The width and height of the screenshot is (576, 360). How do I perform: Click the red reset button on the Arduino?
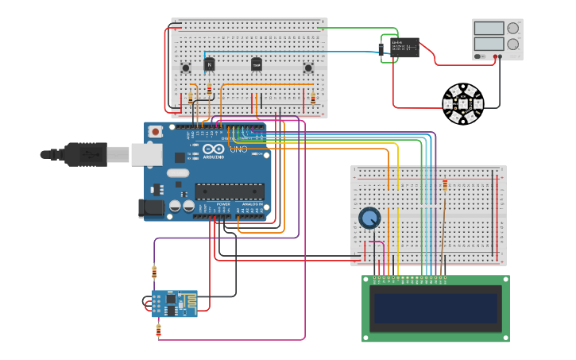coord(156,131)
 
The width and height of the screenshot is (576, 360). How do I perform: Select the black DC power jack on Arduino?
coord(151,207)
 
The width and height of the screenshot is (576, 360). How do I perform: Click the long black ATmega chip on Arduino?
coord(230,191)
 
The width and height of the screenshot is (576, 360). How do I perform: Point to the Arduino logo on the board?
coord(213,150)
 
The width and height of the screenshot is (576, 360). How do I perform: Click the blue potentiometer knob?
coord(369,218)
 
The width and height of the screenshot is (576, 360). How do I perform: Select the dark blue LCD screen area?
coord(435,308)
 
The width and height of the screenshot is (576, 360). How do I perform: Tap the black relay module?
coord(403,47)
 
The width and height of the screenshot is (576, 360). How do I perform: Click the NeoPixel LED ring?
coord(462,104)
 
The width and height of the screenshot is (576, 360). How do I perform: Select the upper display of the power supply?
coord(489,28)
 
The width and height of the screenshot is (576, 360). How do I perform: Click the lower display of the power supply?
coord(489,45)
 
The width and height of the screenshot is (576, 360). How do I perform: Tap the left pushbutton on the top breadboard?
coord(186,68)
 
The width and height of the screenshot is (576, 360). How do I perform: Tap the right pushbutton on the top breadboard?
coord(308,68)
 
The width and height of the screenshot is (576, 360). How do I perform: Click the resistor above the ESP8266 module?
coord(154,272)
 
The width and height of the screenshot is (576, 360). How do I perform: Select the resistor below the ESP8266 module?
coord(158,328)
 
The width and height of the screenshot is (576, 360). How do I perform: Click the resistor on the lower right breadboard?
coord(445,185)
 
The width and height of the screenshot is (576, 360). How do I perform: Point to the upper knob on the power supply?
coord(512,28)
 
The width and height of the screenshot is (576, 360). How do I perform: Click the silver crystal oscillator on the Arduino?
coord(177,172)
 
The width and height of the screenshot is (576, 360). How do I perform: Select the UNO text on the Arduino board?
coord(238,149)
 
